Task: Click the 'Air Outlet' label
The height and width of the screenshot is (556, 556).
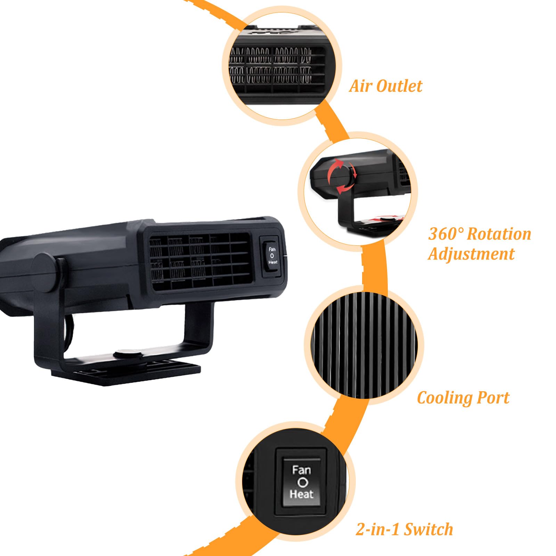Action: (x=386, y=86)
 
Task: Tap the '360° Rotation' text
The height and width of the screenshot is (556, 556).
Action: (x=480, y=234)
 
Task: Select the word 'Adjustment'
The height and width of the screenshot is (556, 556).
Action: (x=471, y=254)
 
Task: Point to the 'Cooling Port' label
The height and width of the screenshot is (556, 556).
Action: (x=463, y=398)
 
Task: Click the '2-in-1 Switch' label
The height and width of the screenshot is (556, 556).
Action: (x=404, y=529)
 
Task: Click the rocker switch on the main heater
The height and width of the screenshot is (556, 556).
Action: (x=272, y=255)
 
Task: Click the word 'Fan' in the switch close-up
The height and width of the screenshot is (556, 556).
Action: (x=301, y=471)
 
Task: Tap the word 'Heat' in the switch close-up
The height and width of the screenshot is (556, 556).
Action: (x=301, y=494)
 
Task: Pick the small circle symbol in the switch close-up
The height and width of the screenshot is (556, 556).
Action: (x=302, y=482)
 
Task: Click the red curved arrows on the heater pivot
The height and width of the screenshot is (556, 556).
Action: (x=342, y=176)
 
